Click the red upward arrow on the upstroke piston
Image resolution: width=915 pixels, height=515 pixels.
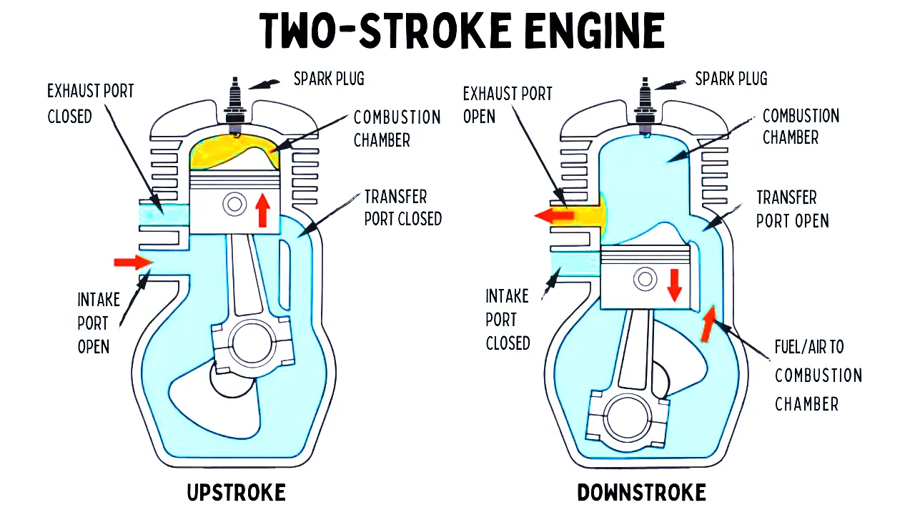point(263,209)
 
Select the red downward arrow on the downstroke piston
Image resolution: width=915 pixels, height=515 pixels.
point(674,285)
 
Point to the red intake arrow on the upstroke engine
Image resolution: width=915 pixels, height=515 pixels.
point(133,263)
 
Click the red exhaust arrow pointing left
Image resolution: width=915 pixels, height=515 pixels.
point(554,214)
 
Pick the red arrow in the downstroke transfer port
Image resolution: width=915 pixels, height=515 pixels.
point(708,323)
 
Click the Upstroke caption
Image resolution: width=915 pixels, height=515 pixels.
point(237,493)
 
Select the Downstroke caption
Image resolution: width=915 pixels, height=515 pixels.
point(641,493)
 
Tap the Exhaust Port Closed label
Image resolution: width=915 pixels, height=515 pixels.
point(91,103)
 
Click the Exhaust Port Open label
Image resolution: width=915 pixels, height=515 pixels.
point(508,104)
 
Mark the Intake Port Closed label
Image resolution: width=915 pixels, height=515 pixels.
point(508,319)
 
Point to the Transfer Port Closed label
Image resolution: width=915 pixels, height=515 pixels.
point(402,207)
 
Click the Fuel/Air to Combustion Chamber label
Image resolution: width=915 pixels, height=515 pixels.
point(818,375)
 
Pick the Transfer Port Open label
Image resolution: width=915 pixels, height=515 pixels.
point(792,209)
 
